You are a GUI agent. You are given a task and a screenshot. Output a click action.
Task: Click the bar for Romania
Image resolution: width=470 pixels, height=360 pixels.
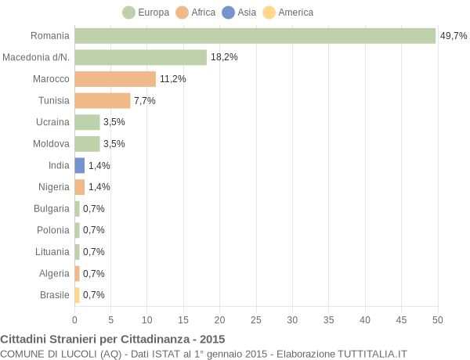255,36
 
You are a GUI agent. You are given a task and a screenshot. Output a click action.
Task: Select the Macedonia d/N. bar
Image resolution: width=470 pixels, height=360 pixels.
140,57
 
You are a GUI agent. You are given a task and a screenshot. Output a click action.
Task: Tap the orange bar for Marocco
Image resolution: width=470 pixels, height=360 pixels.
115,79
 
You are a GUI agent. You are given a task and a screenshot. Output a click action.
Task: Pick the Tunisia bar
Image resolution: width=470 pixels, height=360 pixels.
102,100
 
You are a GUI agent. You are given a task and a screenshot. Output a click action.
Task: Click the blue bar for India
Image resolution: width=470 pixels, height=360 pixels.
79,165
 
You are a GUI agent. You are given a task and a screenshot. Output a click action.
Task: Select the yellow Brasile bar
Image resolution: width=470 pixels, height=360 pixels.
77,295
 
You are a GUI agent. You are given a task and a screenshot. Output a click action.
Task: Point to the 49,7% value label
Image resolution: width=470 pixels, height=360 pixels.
454,36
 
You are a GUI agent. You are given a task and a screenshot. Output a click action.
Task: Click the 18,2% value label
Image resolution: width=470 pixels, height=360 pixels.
224,57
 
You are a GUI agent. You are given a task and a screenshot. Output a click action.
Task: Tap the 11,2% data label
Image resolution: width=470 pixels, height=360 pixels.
173,79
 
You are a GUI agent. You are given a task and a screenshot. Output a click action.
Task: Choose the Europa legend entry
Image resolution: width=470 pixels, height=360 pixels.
146,13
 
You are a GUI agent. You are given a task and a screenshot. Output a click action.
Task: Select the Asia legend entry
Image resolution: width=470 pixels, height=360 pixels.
239,13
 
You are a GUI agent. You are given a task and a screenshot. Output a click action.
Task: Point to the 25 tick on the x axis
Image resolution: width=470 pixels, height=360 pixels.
256,319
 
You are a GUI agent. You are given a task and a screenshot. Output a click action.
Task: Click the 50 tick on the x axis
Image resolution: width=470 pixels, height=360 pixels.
438,319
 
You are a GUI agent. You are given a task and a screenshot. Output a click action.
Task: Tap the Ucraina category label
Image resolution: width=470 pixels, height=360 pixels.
52,122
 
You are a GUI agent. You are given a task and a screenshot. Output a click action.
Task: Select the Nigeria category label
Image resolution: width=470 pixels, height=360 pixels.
54,187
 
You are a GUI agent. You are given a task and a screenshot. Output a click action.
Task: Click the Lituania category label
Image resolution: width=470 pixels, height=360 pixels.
53,252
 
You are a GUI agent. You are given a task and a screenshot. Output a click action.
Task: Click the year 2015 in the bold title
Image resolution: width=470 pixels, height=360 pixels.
211,340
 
